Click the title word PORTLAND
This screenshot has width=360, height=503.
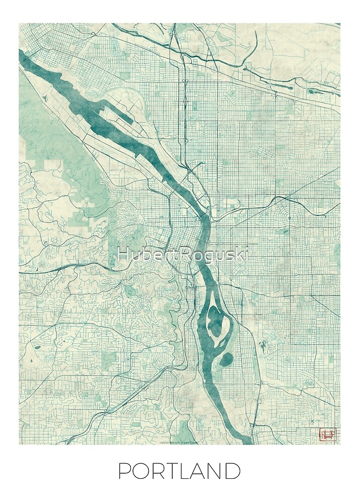tap(179, 471)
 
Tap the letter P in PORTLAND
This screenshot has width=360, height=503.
tap(124, 471)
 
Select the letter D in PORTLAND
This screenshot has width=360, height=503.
tap(232, 471)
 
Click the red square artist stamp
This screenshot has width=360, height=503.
tap(328, 434)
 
